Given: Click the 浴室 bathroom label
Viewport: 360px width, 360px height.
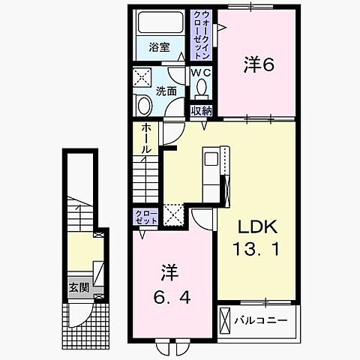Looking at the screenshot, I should pyautogui.click(x=159, y=47).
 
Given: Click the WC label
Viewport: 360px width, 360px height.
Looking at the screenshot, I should pyautogui.click(x=200, y=73).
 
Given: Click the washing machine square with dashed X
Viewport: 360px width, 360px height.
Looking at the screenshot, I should pyautogui.click(x=143, y=79).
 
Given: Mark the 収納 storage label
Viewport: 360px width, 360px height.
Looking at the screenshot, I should pyautogui.click(x=200, y=110).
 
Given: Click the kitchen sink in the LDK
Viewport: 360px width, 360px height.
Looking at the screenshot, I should pyautogui.click(x=210, y=159).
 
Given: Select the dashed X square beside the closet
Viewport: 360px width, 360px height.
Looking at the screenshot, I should pyautogui.click(x=173, y=216).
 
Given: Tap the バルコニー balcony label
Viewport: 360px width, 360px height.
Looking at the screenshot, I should pyautogui.click(x=265, y=321).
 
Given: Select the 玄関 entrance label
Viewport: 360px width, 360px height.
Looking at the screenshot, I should pyautogui.click(x=79, y=287).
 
